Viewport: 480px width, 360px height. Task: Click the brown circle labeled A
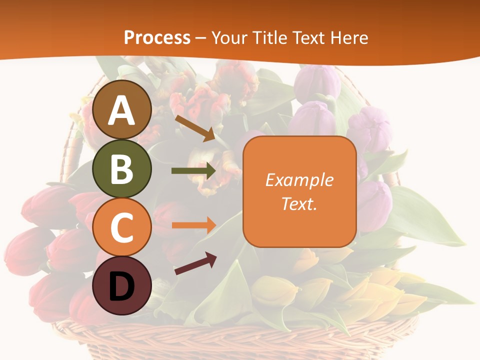(x=122, y=109)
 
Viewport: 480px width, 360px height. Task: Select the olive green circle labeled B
(x=122, y=168)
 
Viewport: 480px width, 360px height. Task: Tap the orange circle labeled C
(x=122, y=227)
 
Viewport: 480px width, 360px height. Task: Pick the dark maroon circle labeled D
(x=122, y=285)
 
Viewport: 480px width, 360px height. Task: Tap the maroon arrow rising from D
(x=195, y=263)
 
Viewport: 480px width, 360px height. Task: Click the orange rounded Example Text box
(x=299, y=191)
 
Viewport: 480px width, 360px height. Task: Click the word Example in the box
(x=299, y=180)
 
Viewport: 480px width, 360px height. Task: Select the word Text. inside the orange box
(x=299, y=203)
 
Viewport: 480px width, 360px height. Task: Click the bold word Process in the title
(x=157, y=37)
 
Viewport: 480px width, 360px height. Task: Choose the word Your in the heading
(x=228, y=37)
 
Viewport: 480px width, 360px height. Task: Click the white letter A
(x=122, y=110)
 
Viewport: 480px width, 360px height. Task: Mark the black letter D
(x=122, y=286)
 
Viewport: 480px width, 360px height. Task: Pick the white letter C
(x=122, y=227)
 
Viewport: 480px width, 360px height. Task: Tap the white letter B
(x=122, y=169)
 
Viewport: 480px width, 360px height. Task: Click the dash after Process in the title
(x=201, y=38)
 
